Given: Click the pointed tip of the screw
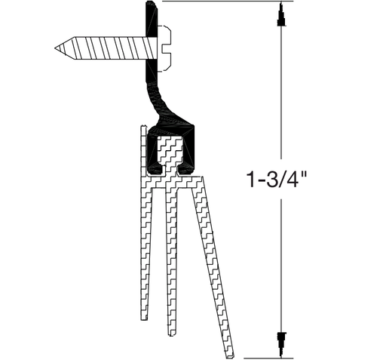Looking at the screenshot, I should tap(57, 49).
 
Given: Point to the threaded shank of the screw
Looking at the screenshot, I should tap(106, 49).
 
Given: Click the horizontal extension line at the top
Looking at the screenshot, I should tap(219, 2).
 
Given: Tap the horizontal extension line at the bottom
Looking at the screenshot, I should tap(260, 356).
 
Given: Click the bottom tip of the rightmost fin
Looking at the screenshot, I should tap(228, 353).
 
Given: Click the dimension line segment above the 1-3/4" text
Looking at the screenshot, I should tap(281, 91).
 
